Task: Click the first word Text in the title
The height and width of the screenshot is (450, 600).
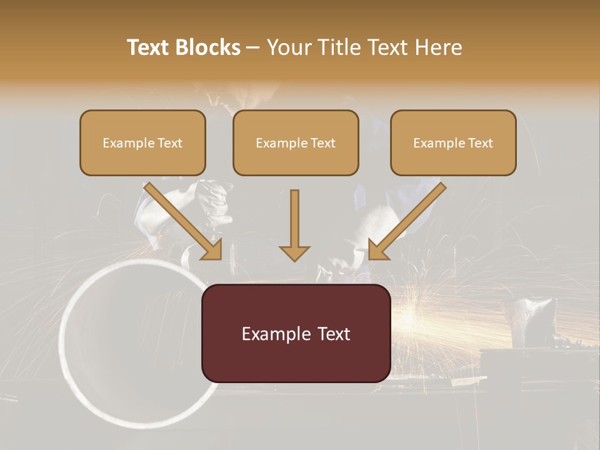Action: (149, 47)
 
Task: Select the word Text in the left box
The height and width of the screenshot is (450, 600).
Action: (170, 143)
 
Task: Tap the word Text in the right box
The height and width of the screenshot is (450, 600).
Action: (481, 143)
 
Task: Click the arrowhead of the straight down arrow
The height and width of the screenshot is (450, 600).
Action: (294, 252)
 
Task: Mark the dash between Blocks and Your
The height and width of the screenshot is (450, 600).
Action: (253, 47)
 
